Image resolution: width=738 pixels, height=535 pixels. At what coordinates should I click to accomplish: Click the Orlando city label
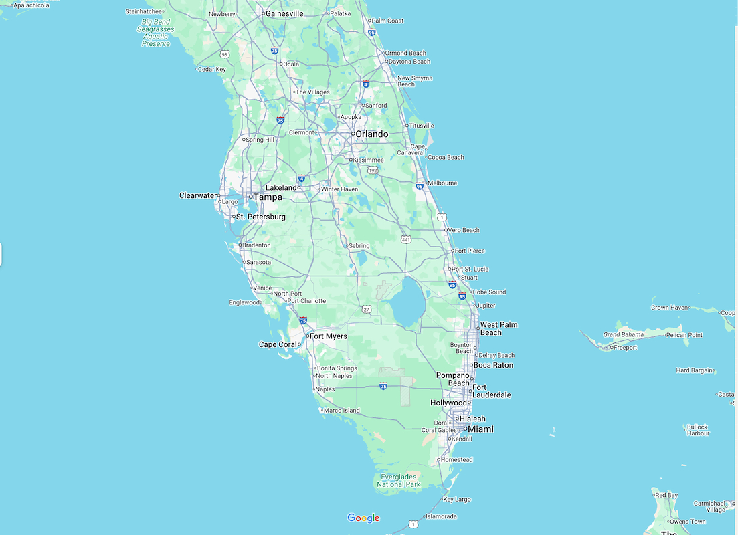coord(371,134)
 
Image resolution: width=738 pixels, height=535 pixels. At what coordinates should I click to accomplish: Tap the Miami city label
coord(480,429)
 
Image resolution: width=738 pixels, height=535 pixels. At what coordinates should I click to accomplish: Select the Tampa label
coord(268,197)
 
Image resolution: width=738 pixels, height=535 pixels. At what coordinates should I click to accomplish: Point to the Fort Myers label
coord(328,336)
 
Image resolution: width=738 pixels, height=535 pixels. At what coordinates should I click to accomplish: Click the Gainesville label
coord(284,13)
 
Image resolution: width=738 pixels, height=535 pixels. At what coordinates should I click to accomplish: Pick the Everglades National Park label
coord(399,480)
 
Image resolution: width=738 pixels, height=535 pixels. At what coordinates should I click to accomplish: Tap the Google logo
coord(363,518)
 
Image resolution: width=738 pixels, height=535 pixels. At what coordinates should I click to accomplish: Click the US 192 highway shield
coord(380,170)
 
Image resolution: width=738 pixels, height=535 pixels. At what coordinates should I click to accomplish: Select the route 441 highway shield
coord(406,239)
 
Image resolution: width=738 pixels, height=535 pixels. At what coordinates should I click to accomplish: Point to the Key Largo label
coord(457,500)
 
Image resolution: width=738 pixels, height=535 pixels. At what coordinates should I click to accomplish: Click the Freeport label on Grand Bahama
coord(626,348)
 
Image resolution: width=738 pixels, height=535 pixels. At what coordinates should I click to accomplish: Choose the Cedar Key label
coord(211,69)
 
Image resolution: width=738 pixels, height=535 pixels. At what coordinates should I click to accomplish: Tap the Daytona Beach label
coord(409,62)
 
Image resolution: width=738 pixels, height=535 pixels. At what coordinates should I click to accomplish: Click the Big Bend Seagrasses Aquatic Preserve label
coord(156,33)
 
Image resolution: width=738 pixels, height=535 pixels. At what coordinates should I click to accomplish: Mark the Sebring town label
coord(359,246)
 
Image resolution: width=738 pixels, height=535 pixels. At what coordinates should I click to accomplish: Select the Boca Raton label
coord(494,366)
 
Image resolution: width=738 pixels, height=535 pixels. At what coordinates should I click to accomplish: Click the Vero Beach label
coord(464,230)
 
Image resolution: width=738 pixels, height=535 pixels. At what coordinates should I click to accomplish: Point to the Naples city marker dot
coord(314,389)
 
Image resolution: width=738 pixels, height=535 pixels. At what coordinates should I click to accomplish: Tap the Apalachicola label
coord(31,5)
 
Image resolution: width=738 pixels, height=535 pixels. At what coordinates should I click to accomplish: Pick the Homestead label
coord(457,460)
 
